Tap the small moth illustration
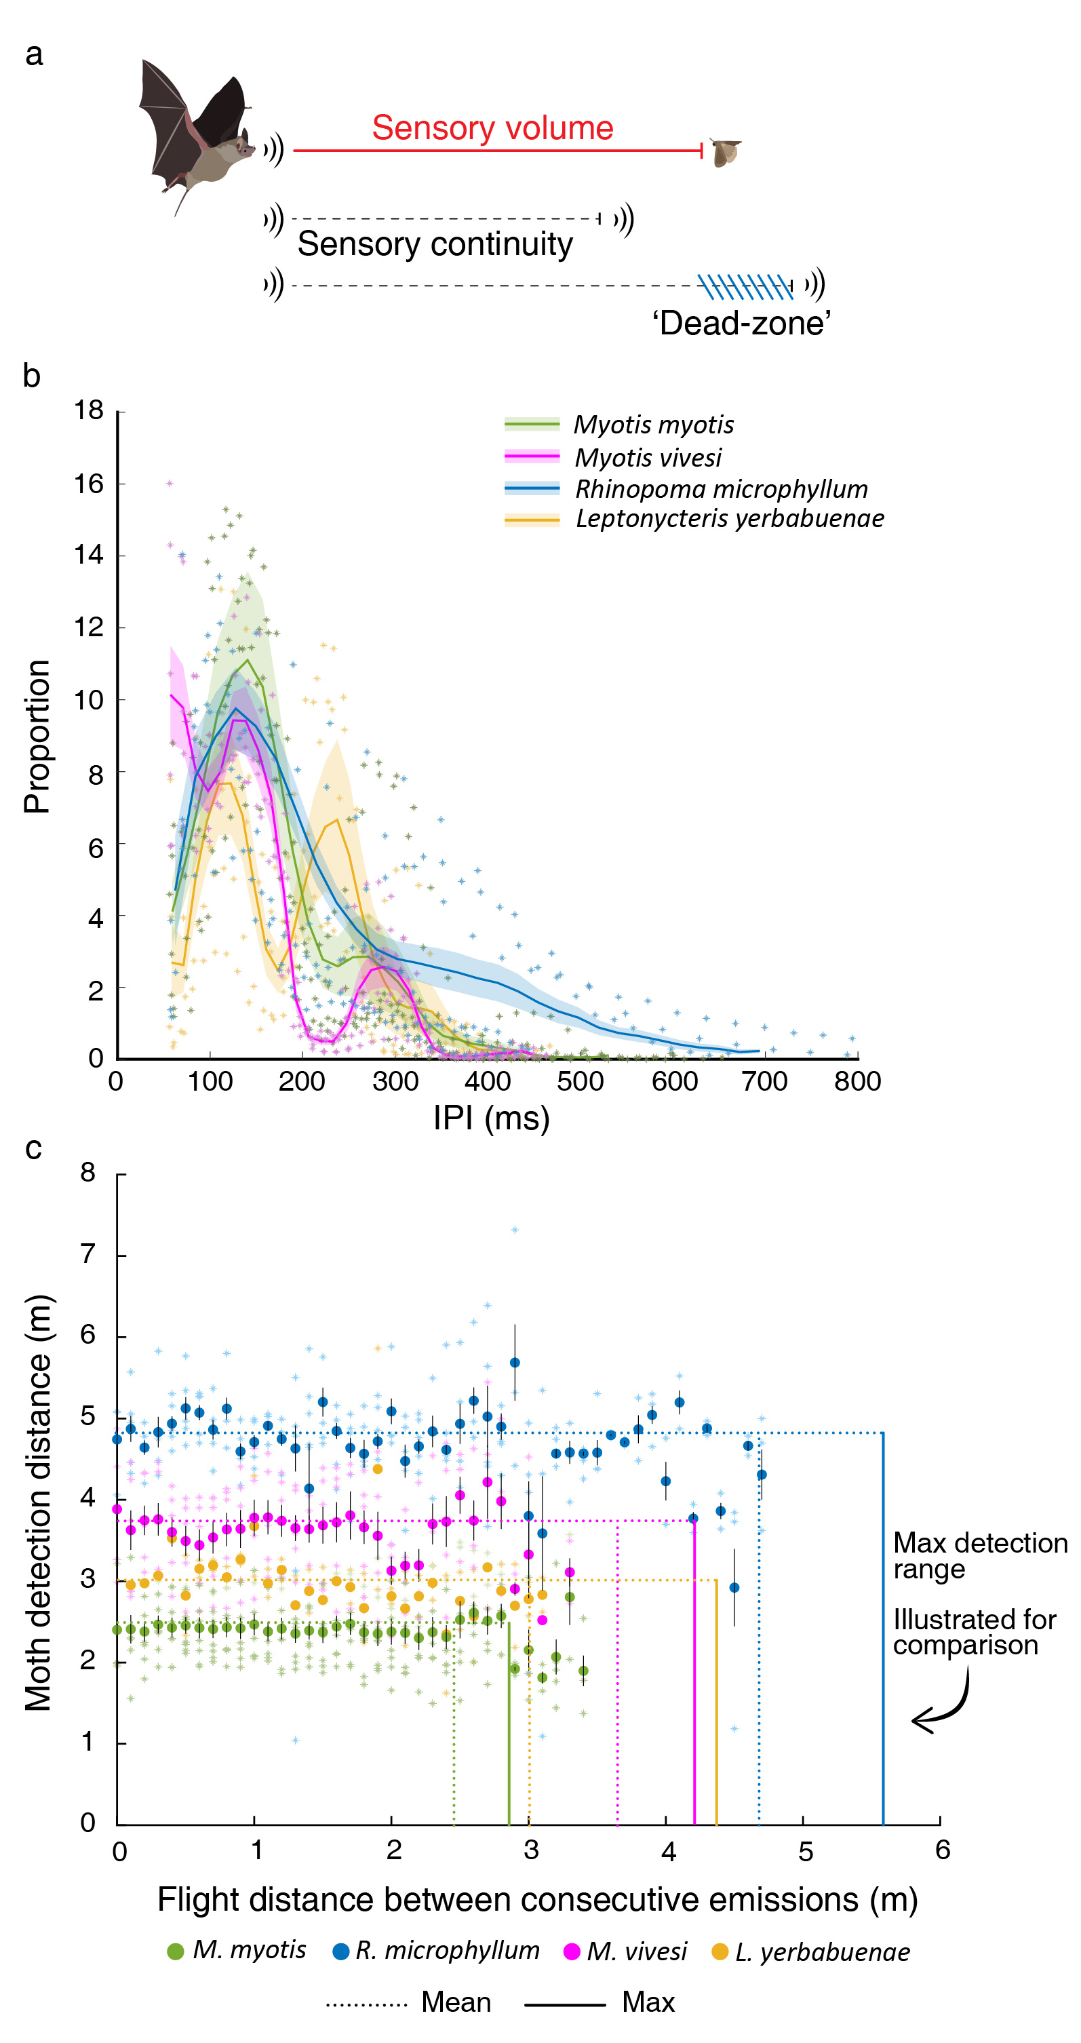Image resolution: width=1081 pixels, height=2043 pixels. pos(725,151)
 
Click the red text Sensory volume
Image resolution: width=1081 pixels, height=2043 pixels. pos(492,128)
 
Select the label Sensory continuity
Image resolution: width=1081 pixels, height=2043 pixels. pos(435,244)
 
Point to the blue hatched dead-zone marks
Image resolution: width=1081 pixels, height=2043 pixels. pos(745,286)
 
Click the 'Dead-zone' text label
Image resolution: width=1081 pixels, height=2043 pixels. pos(741,324)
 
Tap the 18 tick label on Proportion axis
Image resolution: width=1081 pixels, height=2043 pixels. pos(89,410)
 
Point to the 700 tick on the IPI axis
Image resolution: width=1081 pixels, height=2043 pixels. pos(764,1081)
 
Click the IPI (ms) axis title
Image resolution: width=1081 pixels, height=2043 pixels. pos(491,1119)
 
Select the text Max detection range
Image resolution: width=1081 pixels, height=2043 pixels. pos(979,1555)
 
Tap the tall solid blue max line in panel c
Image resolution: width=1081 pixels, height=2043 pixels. pos(884,1626)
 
